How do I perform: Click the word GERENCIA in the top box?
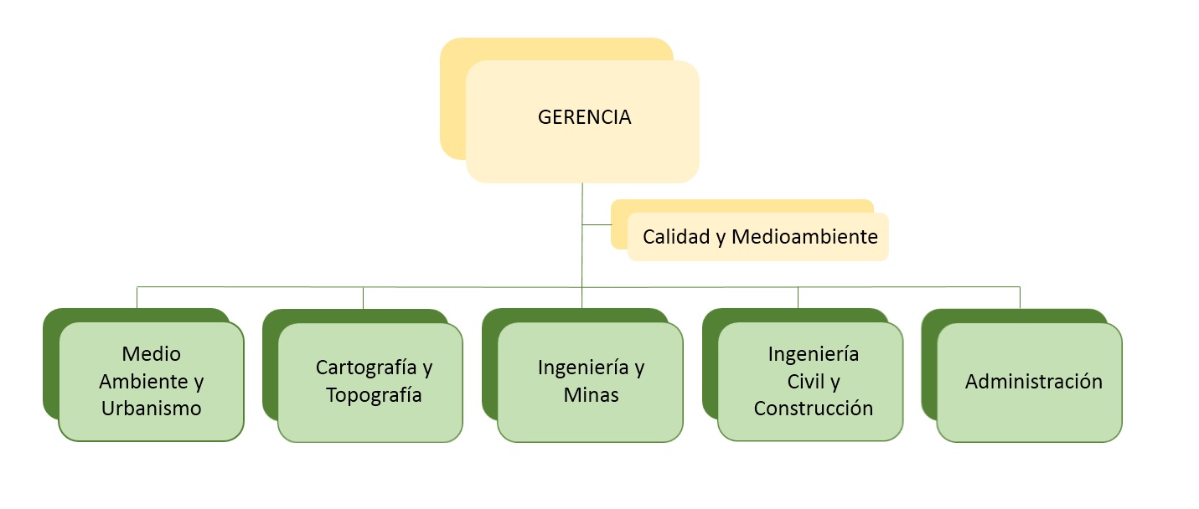[x=584, y=117]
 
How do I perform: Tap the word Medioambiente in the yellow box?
[x=804, y=237]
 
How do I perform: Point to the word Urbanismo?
[x=152, y=409]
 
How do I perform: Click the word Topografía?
[x=374, y=395]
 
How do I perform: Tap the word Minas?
[x=591, y=395]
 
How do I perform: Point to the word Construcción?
[x=814, y=409]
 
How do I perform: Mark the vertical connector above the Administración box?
[x=1020, y=297]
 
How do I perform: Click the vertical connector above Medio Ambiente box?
[x=137, y=297]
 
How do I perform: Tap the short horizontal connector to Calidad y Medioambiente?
[x=597, y=224]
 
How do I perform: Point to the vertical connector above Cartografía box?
[x=363, y=298]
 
